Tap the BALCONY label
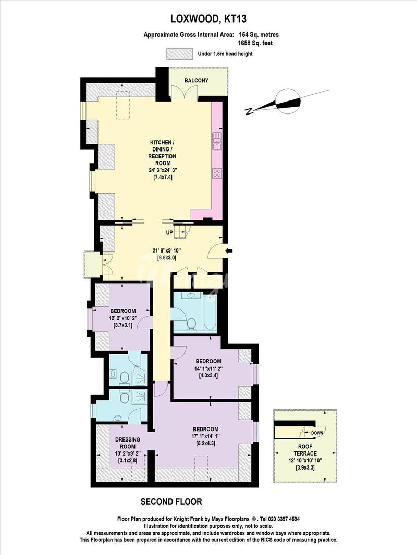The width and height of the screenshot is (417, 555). point(197,80)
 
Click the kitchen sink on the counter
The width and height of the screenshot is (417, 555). point(217,142)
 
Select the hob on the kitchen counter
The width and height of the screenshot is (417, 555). point(217,173)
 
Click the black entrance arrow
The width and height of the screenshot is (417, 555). point(229,251)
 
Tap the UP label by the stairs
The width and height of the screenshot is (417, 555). point(169,233)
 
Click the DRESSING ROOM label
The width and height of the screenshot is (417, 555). point(128,443)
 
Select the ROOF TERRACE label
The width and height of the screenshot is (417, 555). point(305,450)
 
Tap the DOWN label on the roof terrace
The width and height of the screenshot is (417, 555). point(317,433)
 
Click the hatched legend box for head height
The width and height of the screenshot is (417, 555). point(180,54)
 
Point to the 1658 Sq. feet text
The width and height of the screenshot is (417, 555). point(256,43)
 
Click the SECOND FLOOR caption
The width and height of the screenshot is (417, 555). point(171,501)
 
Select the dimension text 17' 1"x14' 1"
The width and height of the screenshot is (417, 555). point(206,436)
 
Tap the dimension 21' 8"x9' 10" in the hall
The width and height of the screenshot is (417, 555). point(166,250)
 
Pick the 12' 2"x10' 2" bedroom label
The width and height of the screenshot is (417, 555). point(122,318)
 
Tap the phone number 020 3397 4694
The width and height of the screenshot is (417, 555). point(282,519)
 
